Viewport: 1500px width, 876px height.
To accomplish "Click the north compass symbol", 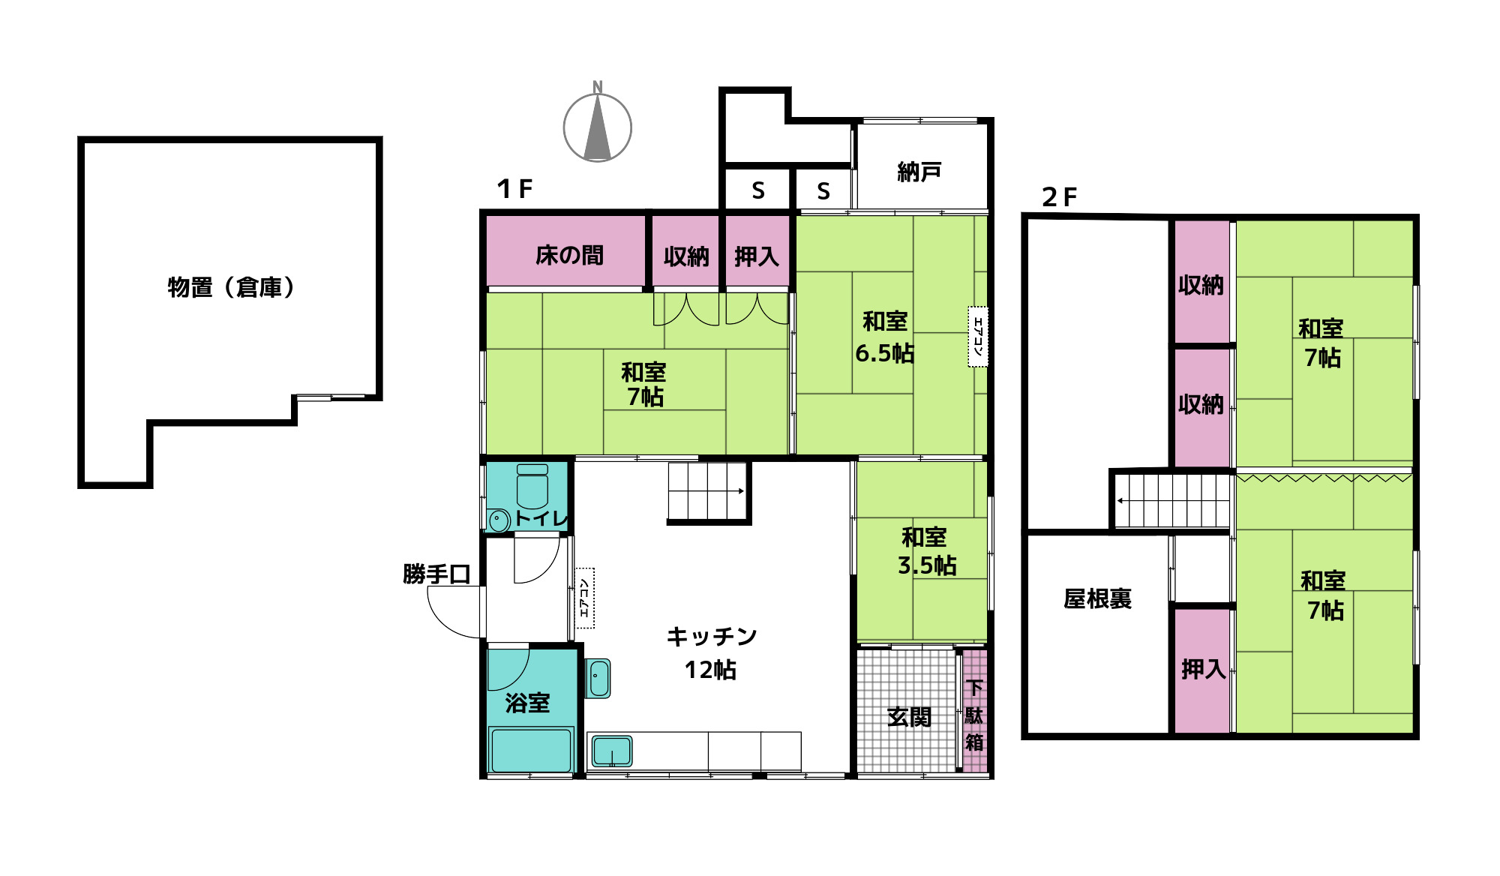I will click(x=598, y=127).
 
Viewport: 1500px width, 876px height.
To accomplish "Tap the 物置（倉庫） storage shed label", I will click(x=231, y=287).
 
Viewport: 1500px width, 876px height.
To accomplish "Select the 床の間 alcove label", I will click(x=569, y=256).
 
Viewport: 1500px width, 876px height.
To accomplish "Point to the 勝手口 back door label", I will click(x=436, y=574).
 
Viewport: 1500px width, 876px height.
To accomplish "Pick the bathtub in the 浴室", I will click(x=531, y=749).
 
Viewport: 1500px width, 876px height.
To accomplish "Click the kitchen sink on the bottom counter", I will click(x=612, y=750).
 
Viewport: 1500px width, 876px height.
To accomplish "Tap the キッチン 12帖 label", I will click(x=711, y=653).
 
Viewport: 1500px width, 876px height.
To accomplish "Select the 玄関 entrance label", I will click(x=909, y=718).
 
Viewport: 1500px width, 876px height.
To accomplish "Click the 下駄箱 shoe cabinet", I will click(x=974, y=712).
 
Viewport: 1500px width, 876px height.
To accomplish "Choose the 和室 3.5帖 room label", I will click(x=926, y=551).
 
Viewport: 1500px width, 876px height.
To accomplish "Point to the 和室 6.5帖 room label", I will click(x=885, y=337).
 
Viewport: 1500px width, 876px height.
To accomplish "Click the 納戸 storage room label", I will click(x=919, y=172).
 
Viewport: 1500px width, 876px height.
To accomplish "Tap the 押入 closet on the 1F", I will click(x=756, y=256).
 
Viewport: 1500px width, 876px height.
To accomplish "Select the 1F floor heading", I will click(x=514, y=189).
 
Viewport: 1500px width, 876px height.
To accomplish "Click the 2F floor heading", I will click(x=1059, y=197).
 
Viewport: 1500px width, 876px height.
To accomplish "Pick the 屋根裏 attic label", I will click(x=1097, y=598).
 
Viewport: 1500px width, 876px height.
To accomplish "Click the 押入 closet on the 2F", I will click(x=1203, y=669).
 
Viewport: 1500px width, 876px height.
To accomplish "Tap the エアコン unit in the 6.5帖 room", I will click(x=978, y=337).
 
